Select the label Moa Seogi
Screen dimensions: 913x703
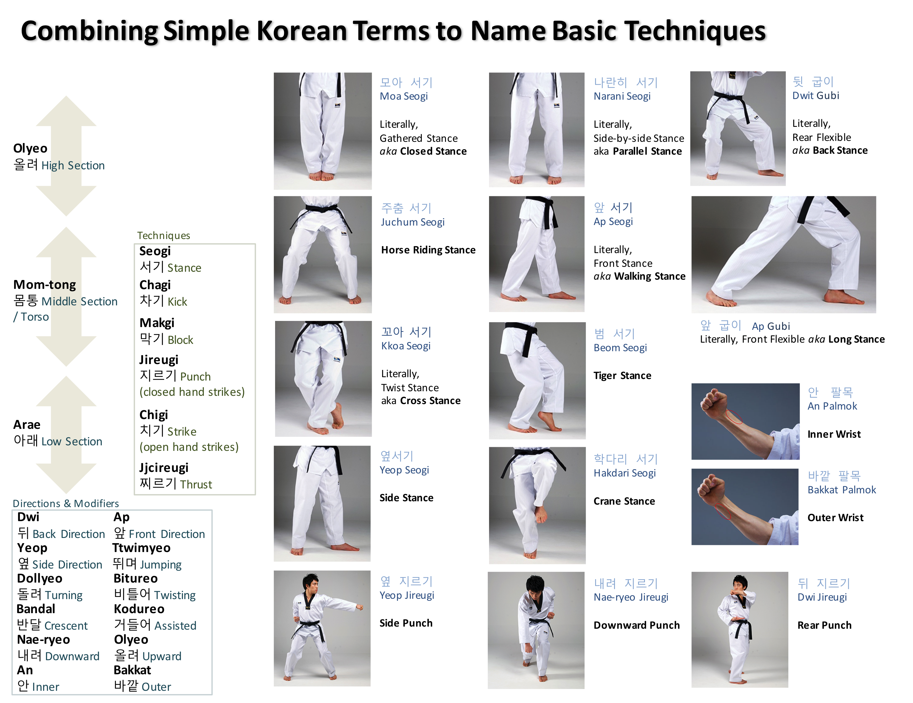point(403,96)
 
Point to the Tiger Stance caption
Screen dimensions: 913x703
point(622,375)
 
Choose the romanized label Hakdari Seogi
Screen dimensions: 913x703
point(624,473)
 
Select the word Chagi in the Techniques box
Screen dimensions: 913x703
point(155,285)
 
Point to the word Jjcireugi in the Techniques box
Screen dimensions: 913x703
point(164,468)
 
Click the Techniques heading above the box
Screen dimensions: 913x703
point(164,235)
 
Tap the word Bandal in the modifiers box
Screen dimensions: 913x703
point(36,609)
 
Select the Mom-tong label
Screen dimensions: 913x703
point(45,285)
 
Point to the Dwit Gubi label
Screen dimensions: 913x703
point(815,96)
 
